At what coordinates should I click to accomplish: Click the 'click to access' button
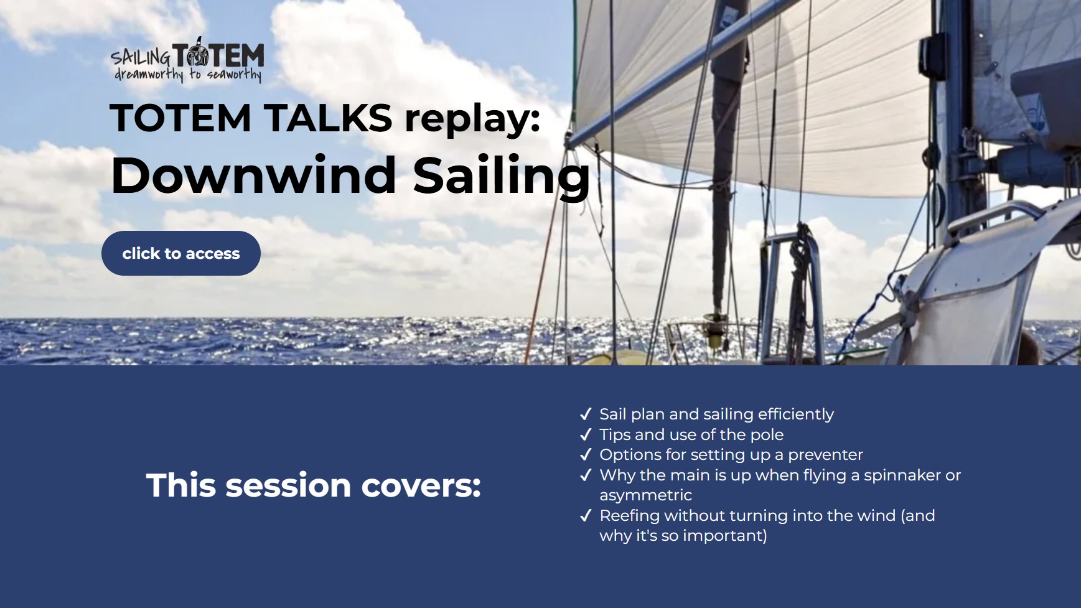pyautogui.click(x=180, y=253)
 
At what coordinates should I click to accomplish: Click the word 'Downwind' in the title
pyautogui.click(x=253, y=175)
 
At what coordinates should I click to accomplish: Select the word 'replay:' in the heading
pyautogui.click(x=472, y=118)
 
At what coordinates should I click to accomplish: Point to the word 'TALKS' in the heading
pyautogui.click(x=328, y=118)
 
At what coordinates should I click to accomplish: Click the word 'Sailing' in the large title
pyautogui.click(x=501, y=175)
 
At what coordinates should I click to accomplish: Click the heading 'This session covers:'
pyautogui.click(x=313, y=485)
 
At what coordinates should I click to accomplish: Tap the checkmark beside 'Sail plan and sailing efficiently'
pyautogui.click(x=586, y=414)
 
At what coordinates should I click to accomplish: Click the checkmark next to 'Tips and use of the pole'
pyautogui.click(x=586, y=435)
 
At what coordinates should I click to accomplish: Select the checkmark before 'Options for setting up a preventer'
pyautogui.click(x=586, y=455)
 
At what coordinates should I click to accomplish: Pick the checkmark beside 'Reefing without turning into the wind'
pyautogui.click(x=586, y=516)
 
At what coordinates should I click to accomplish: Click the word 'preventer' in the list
pyautogui.click(x=825, y=455)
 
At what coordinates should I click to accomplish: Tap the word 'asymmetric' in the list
pyautogui.click(x=645, y=495)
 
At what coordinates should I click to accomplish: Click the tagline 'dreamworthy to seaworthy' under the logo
pyautogui.click(x=188, y=75)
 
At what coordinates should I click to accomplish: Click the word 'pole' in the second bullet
pyautogui.click(x=767, y=435)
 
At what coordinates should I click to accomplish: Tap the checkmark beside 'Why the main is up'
pyautogui.click(x=586, y=475)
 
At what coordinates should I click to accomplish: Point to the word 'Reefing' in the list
pyautogui.click(x=629, y=516)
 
